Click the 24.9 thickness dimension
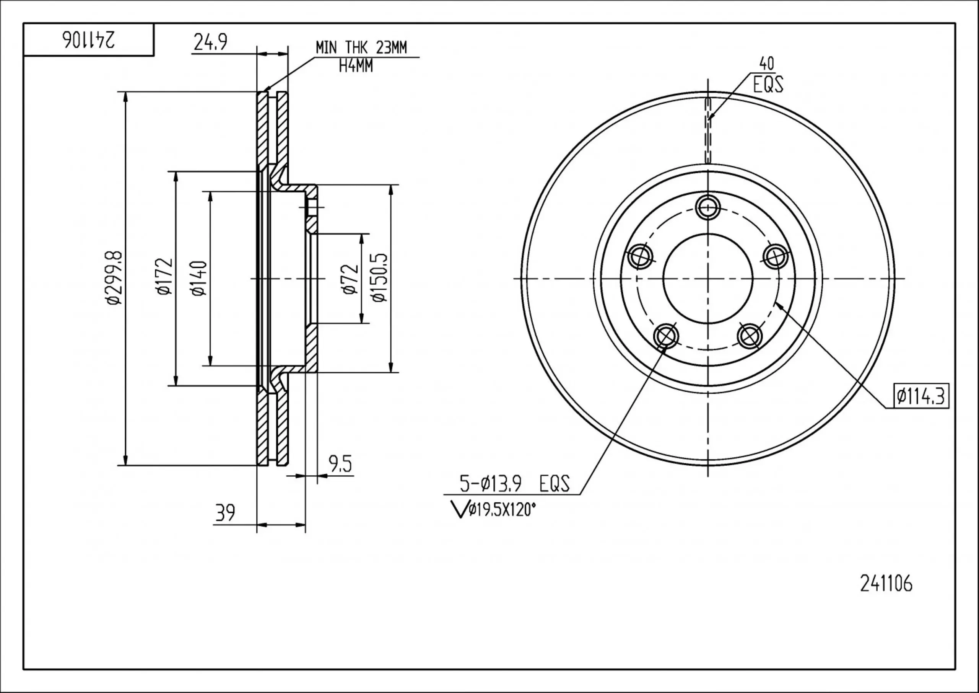pos(210,42)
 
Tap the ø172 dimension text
pos(165,277)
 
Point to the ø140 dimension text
pos(199,278)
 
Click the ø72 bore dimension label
pos(350,279)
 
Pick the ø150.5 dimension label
pos(379,278)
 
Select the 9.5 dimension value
pos(340,464)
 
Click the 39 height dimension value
pos(225,512)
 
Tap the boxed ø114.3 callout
pos(921,396)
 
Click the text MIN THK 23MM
pos(361,47)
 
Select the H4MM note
pos(356,66)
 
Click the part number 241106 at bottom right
pos(886,584)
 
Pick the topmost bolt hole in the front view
pos(708,208)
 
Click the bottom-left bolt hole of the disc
pos(665,336)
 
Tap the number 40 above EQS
pos(767,64)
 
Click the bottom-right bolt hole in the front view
pos(750,336)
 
